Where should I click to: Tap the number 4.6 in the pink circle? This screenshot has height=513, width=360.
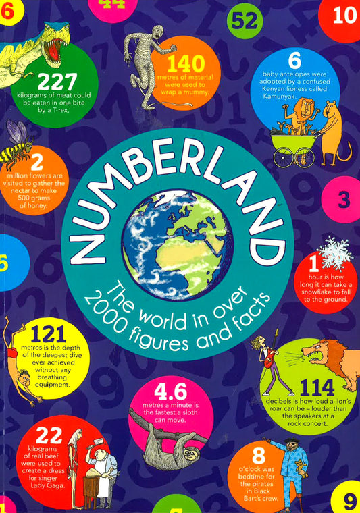point(170,391)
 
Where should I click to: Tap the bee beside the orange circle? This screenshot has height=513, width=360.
point(17,148)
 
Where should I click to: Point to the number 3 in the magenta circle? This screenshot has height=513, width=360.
point(344,200)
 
